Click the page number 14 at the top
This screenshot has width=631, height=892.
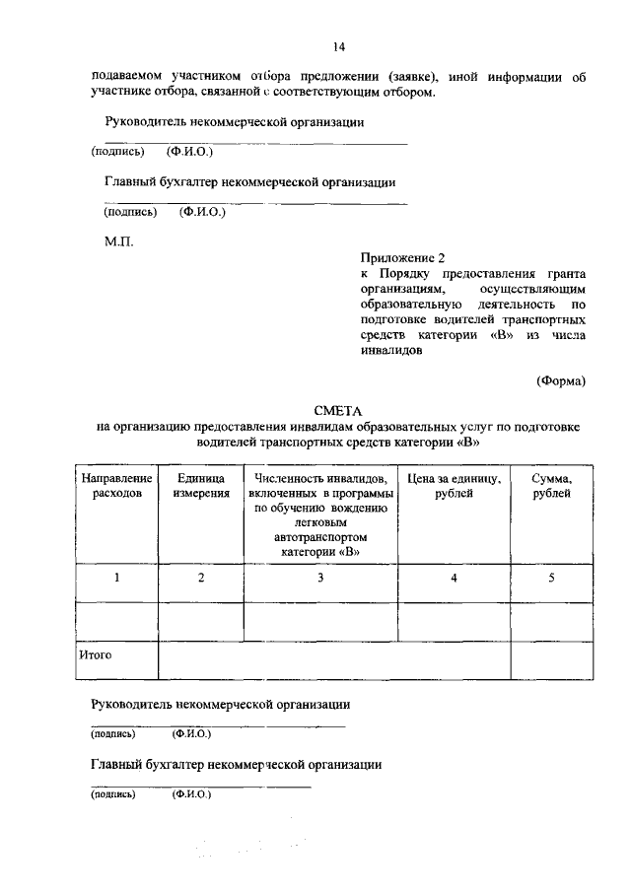338,46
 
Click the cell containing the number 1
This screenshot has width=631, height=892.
117,578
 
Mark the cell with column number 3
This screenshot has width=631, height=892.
320,578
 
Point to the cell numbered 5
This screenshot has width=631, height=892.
551,578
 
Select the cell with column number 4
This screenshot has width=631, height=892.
454,578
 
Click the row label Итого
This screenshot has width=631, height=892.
96,653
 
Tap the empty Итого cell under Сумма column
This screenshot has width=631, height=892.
551,660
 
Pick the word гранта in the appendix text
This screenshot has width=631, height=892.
567,273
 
